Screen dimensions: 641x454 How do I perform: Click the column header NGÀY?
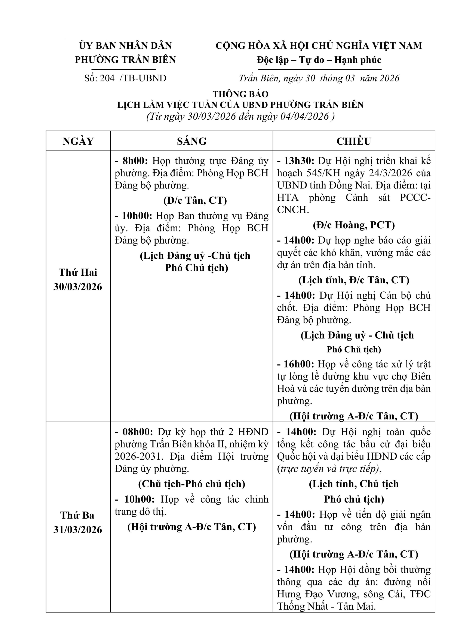click(78, 141)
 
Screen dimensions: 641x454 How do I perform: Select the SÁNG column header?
click(191, 141)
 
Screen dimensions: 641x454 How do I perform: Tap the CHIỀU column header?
click(354, 141)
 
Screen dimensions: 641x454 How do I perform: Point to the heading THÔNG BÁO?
click(240, 94)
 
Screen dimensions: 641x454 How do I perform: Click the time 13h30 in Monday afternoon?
click(299, 161)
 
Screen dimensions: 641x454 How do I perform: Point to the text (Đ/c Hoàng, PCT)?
click(354, 225)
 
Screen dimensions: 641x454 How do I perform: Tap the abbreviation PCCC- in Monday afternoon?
click(415, 198)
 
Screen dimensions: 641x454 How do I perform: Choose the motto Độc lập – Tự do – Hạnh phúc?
click(319, 60)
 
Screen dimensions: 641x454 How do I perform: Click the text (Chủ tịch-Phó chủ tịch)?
click(191, 484)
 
